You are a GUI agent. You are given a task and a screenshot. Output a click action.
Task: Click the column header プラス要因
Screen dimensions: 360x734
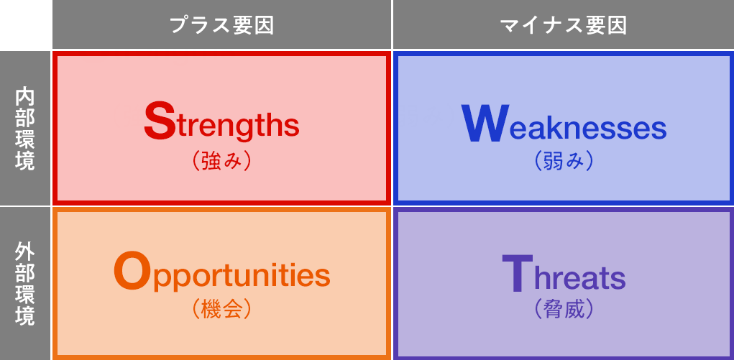point(221,25)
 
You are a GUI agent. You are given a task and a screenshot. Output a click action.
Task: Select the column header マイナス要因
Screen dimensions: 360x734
point(563,25)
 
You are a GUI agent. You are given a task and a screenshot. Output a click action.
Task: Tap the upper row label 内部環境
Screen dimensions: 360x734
point(25,129)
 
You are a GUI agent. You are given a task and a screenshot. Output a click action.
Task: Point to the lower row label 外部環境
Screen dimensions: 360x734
point(25,284)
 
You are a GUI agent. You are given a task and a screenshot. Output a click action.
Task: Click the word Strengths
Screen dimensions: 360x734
point(221,124)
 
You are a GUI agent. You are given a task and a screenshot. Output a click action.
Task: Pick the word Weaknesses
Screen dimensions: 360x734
point(564,125)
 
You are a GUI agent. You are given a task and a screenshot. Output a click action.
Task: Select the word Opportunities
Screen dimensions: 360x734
point(221,274)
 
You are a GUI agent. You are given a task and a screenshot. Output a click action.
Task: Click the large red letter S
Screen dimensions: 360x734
point(159,121)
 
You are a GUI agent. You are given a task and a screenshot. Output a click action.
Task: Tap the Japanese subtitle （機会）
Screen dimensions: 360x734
point(221,309)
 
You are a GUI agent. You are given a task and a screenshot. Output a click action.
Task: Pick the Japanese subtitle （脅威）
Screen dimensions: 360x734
point(564,309)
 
